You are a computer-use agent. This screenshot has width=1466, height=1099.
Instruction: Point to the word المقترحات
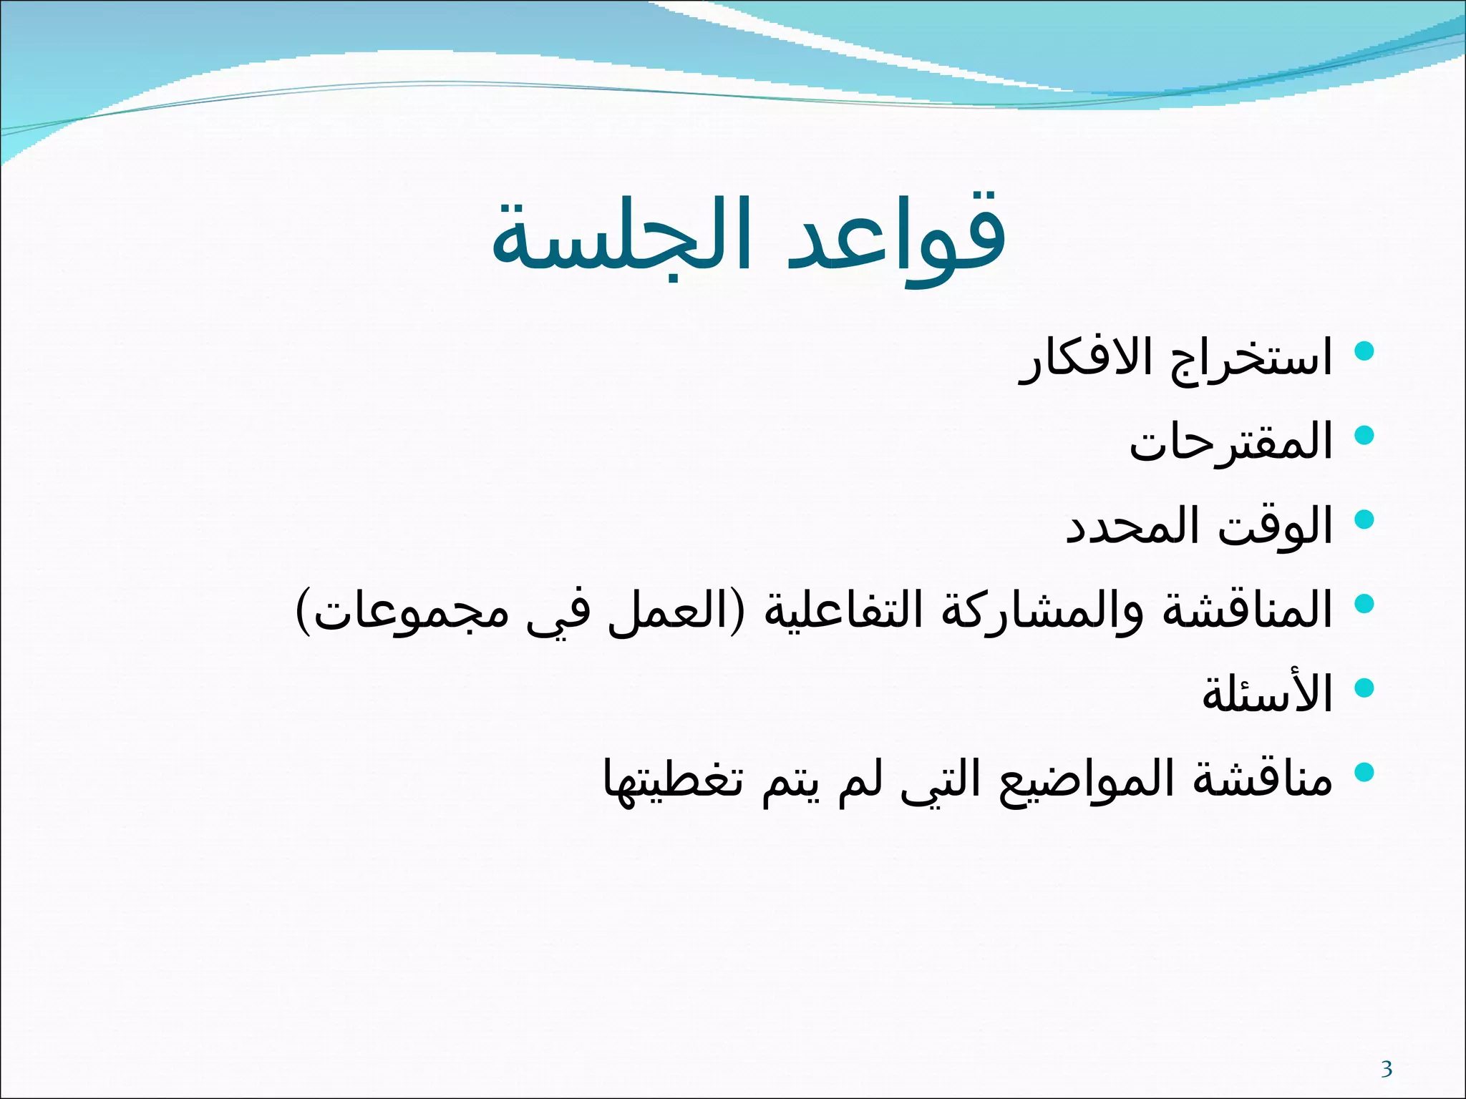coord(1231,441)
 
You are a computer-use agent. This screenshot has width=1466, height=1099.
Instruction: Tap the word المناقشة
coord(1246,610)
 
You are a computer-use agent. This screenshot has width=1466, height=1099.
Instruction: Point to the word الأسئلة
coord(1267,693)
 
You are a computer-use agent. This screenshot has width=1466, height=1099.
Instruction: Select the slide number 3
coord(1387,1069)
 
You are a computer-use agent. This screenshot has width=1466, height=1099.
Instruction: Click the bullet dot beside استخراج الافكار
coord(1365,351)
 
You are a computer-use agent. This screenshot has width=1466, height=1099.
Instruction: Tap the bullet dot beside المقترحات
coord(1365,435)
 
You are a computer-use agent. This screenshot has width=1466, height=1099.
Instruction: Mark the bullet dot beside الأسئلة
coord(1365,688)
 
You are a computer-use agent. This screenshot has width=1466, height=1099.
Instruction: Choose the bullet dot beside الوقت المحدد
coord(1365,519)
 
